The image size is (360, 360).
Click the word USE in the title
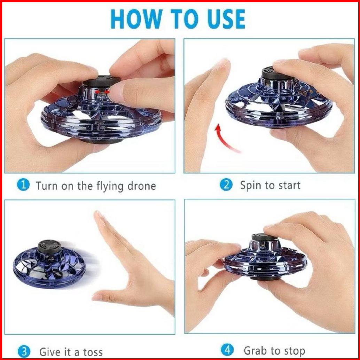226,19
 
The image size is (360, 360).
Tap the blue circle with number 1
23,185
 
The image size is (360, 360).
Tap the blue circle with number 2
226,185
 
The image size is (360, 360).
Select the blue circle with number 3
24,352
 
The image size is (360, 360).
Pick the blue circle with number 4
227,350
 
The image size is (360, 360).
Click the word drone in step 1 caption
142,186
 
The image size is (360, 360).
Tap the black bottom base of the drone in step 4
266,278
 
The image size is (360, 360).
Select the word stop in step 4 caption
295,351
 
